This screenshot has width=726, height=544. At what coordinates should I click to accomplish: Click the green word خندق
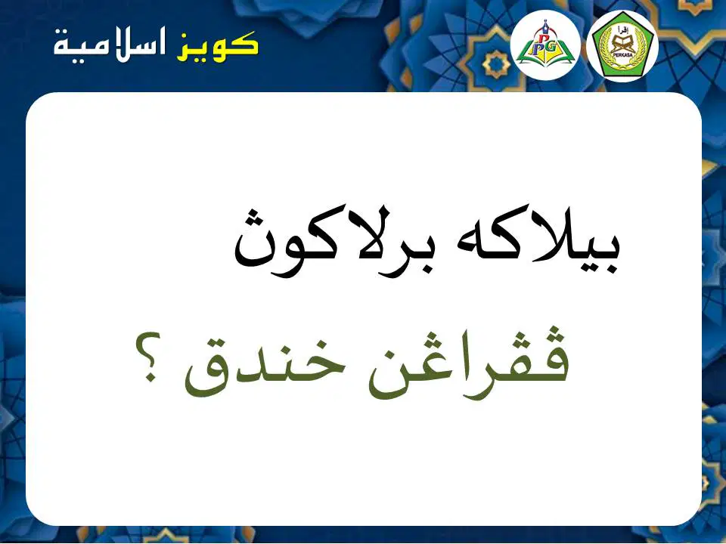pos(265,368)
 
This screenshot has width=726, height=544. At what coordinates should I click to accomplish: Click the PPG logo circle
pos(545,45)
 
